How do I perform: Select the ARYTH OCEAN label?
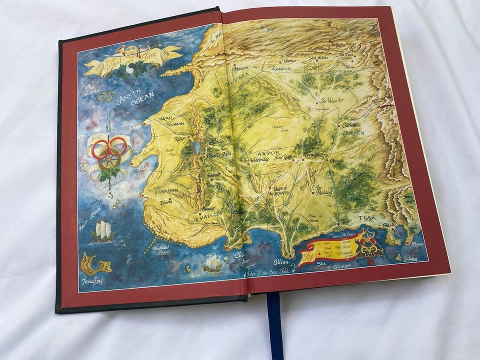(134, 98)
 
